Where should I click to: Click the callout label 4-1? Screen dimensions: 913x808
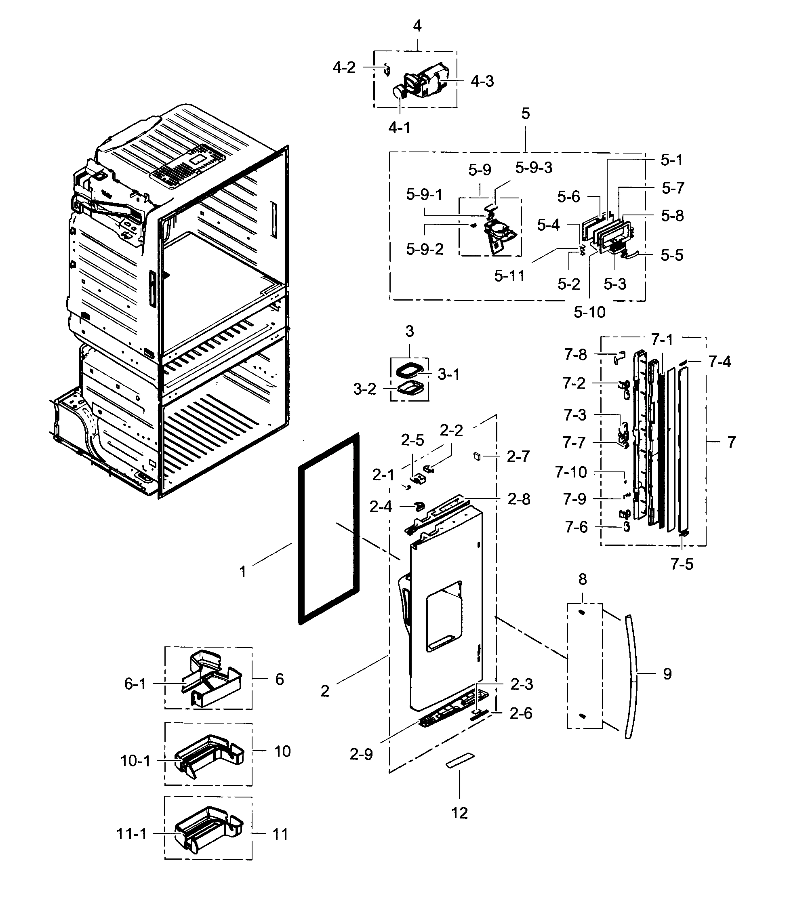pyautogui.click(x=399, y=128)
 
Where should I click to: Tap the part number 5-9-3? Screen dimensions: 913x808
pyautogui.click(x=533, y=168)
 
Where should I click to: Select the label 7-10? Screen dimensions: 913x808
pyautogui.click(x=571, y=472)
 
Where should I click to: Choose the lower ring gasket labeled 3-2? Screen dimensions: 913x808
pyautogui.click(x=409, y=389)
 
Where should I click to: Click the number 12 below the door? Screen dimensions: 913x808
pyautogui.click(x=459, y=813)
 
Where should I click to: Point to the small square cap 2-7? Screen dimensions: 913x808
pyautogui.click(x=476, y=456)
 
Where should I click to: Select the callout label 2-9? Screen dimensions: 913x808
pyautogui.click(x=361, y=754)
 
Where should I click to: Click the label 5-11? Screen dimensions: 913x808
pyautogui.click(x=509, y=276)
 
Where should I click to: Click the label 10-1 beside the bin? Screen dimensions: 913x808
pyautogui.click(x=135, y=761)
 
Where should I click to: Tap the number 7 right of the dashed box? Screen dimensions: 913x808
pyautogui.click(x=731, y=442)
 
